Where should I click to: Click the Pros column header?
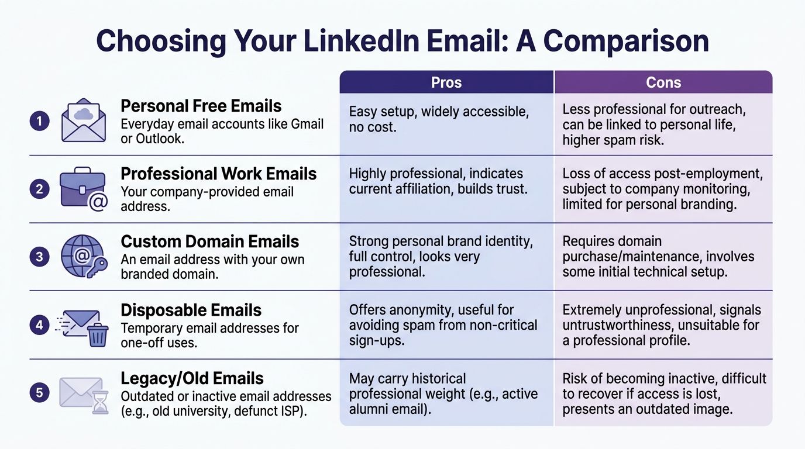pos(446,82)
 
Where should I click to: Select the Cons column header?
pos(663,82)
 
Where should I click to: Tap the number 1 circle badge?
pos(39,122)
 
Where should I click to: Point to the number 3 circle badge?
pos(39,257)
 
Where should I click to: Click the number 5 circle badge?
pos(39,392)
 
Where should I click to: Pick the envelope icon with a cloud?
pos(83,120)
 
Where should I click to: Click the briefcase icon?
pos(82,188)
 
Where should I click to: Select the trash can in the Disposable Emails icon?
pos(98,334)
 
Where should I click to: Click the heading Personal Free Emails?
pos(201,106)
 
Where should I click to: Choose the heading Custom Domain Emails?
pos(209,241)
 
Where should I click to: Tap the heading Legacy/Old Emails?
pos(192,378)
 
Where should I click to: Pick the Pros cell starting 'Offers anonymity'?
pos(443,324)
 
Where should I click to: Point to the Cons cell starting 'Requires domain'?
pos(658,257)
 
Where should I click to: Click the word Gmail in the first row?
pos(307,124)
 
